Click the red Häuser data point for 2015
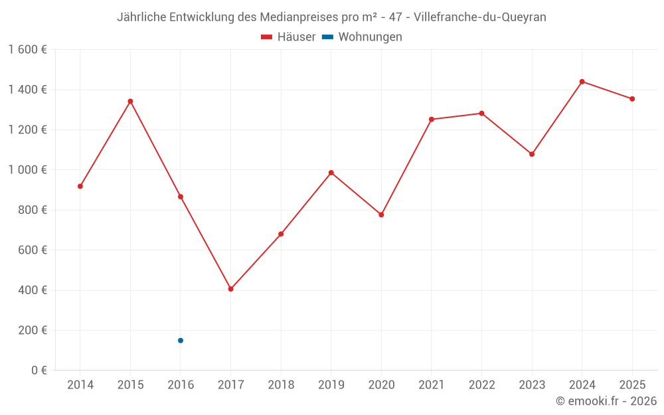pyautogui.click(x=130, y=101)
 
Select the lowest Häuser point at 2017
pyautogui.click(x=231, y=289)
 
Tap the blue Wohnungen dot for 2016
pyautogui.click(x=181, y=341)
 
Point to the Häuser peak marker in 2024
pyautogui.click(x=582, y=82)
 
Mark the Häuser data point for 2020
pyautogui.click(x=381, y=214)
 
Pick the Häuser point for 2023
pyautogui.click(x=532, y=154)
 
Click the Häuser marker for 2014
pyautogui.click(x=80, y=187)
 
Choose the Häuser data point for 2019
pyautogui.click(x=331, y=173)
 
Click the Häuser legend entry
pyautogui.click(x=288, y=37)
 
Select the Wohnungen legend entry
pyautogui.click(x=362, y=37)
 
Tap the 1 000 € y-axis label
pyautogui.click(x=28, y=170)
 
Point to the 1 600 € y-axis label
pyautogui.click(x=28, y=50)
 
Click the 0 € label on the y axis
pyautogui.click(x=39, y=370)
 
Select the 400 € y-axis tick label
pyautogui.click(x=33, y=290)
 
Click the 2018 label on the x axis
pyautogui.click(x=281, y=384)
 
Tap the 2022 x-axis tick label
pyautogui.click(x=481, y=384)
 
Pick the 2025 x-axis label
pyautogui.click(x=632, y=384)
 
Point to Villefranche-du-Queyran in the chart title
pyautogui.click(x=480, y=17)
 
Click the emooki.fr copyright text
pyautogui.click(x=606, y=400)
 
